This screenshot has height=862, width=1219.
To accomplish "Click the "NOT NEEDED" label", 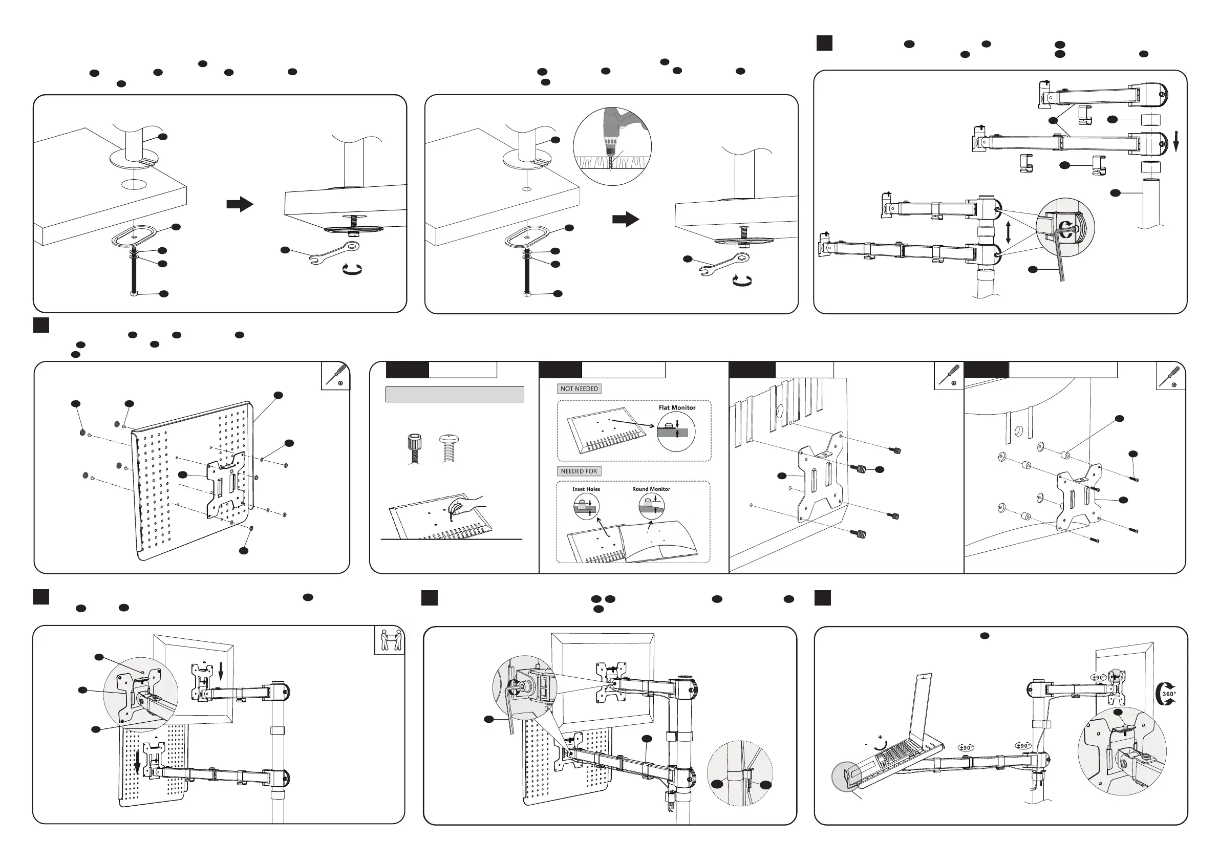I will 579,389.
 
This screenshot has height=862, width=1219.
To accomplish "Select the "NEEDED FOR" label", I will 579,471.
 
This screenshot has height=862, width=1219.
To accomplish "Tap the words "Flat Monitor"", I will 677,407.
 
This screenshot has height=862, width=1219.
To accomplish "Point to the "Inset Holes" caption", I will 586,489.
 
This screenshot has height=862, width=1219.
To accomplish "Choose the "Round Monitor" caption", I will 651,489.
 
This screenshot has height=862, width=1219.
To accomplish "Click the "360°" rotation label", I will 1168,694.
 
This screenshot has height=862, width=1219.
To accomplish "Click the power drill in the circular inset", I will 616,133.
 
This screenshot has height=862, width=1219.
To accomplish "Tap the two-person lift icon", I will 389,640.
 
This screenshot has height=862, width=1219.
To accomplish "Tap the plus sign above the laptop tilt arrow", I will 880,737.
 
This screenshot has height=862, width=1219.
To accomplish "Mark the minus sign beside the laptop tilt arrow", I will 866,744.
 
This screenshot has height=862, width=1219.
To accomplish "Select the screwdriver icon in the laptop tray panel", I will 335,376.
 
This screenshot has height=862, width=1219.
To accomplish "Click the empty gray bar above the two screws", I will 455,394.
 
